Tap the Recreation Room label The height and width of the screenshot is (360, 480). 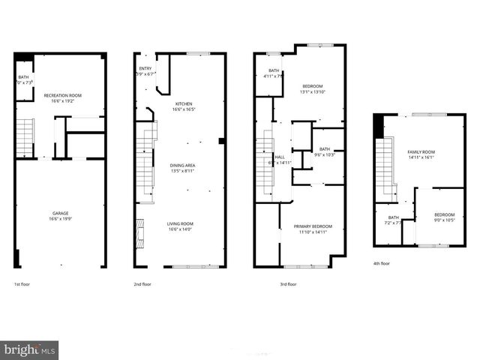(x=62, y=95)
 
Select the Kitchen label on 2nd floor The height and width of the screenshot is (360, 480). (x=184, y=103)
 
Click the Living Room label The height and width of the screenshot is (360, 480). (x=180, y=223)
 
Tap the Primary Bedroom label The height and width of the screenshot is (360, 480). (x=312, y=226)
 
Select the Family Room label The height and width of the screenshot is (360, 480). (x=421, y=152)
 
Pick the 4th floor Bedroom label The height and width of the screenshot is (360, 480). (x=444, y=216)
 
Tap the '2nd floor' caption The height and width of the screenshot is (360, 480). (x=142, y=284)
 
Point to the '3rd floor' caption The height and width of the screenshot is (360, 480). (x=288, y=284)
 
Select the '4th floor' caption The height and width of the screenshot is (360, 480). (x=381, y=263)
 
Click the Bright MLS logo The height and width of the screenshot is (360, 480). (x=30, y=349)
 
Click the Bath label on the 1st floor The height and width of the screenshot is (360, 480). (x=22, y=76)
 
